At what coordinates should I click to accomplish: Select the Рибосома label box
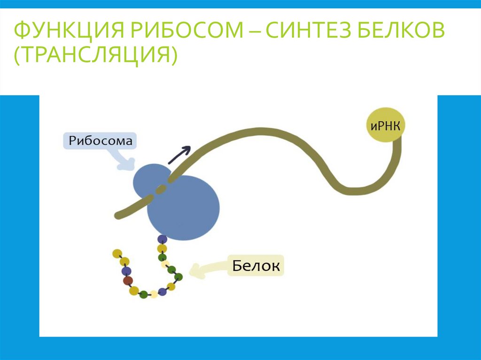click(100, 141)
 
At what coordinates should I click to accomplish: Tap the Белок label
click(256, 266)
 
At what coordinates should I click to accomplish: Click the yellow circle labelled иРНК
click(385, 125)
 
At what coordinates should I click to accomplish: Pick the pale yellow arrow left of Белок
click(207, 269)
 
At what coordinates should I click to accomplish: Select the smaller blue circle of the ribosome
click(150, 181)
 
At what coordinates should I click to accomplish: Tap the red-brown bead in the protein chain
click(128, 281)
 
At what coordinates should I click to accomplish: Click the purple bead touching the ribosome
click(162, 239)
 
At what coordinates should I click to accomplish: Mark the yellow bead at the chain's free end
click(117, 253)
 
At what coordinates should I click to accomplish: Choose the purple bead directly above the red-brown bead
click(125, 271)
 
